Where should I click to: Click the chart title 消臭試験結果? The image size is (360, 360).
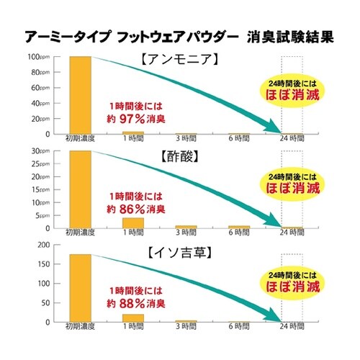coord(292,37)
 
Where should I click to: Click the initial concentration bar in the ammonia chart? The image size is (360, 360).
coord(80,95)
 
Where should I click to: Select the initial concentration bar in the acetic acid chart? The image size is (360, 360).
coord(80,189)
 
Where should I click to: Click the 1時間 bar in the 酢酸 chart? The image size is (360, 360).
coord(132,222)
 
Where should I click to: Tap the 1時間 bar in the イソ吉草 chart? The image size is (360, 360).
coord(132,318)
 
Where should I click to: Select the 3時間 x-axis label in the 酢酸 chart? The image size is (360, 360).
coord(186,233)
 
